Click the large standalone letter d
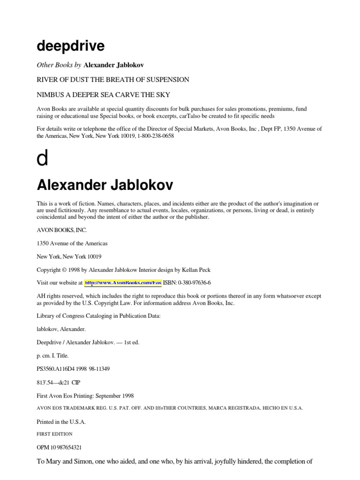pos(42,159)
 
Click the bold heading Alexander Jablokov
pos(105,185)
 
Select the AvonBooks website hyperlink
pos(123,283)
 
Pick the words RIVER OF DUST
pos(59,80)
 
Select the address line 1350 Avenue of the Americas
pos(72,243)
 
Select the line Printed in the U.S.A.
pos(61,422)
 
